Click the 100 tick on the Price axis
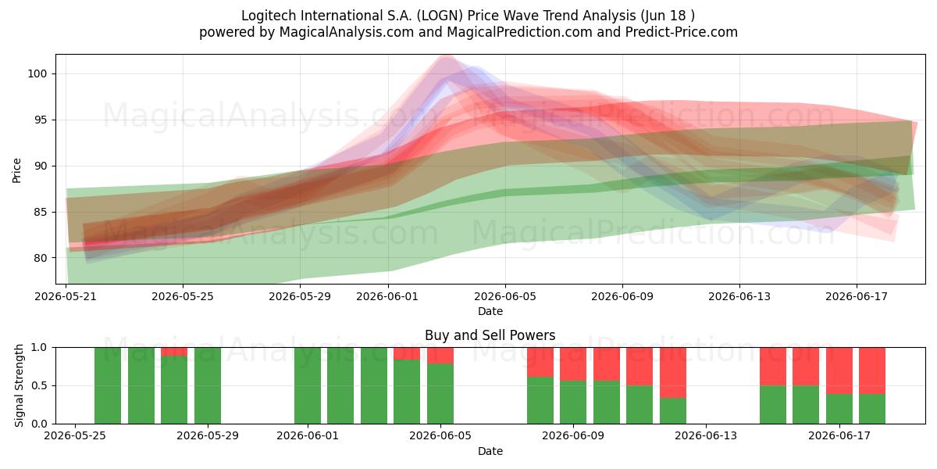pos(37,74)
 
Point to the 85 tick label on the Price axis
pos(40,213)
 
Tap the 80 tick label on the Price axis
pos(40,259)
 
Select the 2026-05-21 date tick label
pos(66,296)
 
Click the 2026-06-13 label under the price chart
pos(739,296)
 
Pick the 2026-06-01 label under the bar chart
pos(308,435)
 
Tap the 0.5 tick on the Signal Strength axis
pos(39,385)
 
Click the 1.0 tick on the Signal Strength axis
pos(39,348)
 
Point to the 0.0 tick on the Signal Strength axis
pos(39,424)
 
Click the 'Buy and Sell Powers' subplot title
pos(490,335)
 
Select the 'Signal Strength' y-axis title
pos(19,385)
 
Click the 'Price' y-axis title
pos(16,170)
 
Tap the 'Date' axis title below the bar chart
pos(490,451)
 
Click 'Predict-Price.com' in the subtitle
pos(682,32)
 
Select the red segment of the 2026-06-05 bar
pos(440,355)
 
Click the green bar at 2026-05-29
pos(208,385)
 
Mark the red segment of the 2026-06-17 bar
pos(839,371)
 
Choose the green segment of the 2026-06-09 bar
pos(573,403)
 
